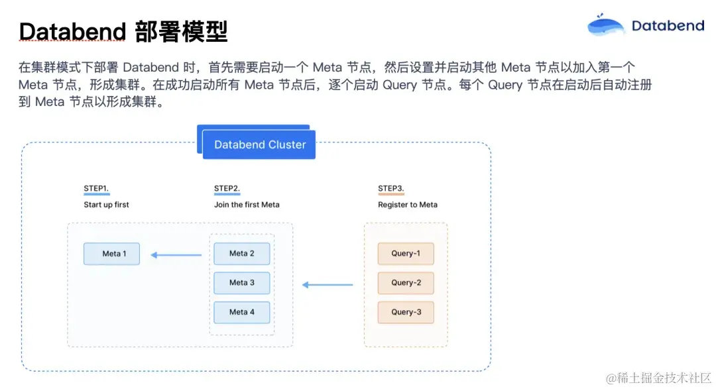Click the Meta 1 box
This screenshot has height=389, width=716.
point(111,254)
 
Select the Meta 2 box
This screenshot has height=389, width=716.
point(242,254)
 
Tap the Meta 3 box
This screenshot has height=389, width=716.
point(242,283)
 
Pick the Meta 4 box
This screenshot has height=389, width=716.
point(242,312)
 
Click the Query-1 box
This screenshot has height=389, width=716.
point(406,254)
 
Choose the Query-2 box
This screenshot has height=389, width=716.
point(406,283)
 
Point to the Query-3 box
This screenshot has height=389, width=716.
point(406,312)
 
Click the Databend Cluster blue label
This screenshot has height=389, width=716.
point(259,145)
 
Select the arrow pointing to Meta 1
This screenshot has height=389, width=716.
point(176,254)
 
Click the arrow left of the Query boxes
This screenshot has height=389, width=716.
point(328,285)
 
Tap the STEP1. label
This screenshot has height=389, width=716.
point(96,189)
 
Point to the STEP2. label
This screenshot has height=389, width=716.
point(227,189)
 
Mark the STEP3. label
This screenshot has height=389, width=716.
point(390,189)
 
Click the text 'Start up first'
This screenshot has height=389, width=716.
point(106,205)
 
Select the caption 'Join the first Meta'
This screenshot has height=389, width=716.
point(247,205)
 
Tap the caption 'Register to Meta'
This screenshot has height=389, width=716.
point(408,205)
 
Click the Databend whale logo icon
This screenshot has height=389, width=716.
point(606,25)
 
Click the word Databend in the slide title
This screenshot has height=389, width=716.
point(72,31)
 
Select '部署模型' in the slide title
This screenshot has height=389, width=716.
point(181,31)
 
